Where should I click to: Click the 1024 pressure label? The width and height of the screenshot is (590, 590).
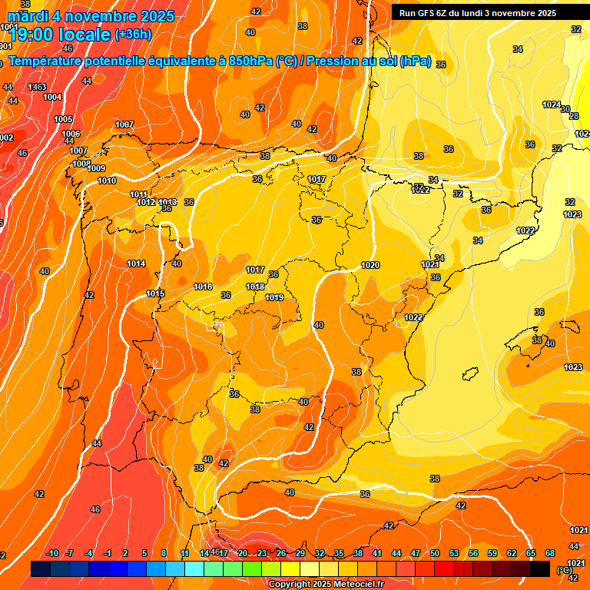[551, 104]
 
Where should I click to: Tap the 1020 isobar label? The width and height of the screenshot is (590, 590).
[370, 265]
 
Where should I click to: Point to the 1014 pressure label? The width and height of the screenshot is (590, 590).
[136, 264]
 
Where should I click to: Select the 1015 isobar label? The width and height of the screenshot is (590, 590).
[155, 293]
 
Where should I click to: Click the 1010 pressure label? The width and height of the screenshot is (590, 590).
[108, 181]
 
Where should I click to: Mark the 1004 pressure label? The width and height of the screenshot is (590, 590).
[52, 97]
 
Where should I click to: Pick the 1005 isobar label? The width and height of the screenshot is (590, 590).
[63, 119]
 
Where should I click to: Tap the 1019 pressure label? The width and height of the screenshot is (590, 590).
[274, 297]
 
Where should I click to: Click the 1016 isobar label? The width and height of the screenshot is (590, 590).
[203, 287]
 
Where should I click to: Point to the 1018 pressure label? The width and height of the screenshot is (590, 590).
[255, 287]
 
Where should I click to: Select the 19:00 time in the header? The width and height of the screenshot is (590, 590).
[32, 35]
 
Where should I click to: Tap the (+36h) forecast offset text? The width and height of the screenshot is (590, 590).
[133, 35]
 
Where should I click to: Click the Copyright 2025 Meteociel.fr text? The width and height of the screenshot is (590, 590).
[326, 584]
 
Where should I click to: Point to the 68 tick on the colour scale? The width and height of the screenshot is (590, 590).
[550, 553]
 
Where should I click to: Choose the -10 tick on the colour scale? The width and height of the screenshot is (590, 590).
[52, 553]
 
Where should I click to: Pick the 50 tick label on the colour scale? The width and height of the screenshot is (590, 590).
[435, 553]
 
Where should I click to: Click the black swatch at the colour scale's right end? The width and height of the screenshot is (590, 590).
[540, 568]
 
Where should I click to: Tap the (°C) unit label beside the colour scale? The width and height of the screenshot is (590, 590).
[564, 569]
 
